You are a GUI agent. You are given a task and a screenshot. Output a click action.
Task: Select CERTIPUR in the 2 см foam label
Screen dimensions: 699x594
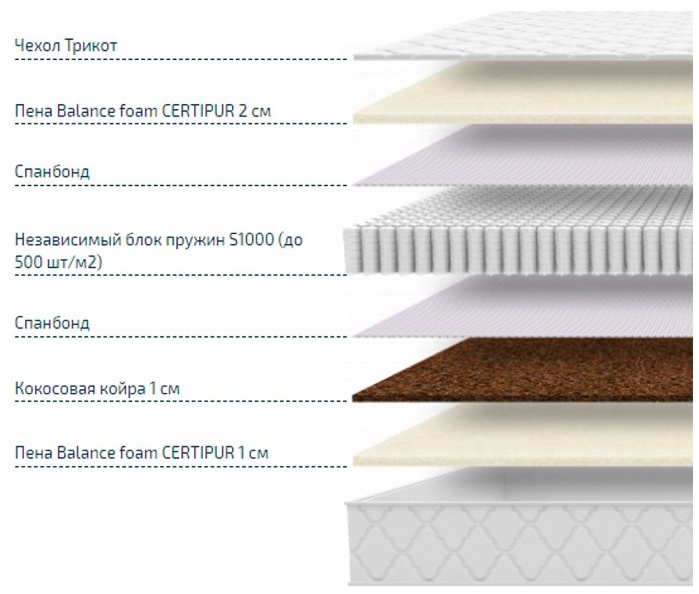pyautogui.click(x=198, y=112)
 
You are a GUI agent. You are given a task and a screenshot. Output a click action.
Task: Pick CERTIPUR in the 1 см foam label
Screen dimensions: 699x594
pyautogui.click(x=198, y=453)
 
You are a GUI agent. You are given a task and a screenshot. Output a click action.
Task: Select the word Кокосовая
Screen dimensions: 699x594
pyautogui.click(x=55, y=390)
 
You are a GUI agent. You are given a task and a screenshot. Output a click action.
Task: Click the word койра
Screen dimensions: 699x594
pyautogui.click(x=121, y=390)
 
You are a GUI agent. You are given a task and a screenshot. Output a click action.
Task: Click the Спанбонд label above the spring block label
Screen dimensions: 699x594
pyautogui.click(x=52, y=171)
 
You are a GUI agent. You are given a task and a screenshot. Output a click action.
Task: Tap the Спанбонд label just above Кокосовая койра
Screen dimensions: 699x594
pyautogui.click(x=52, y=323)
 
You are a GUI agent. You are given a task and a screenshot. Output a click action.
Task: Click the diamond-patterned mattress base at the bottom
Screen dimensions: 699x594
pyautogui.click(x=522, y=534)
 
